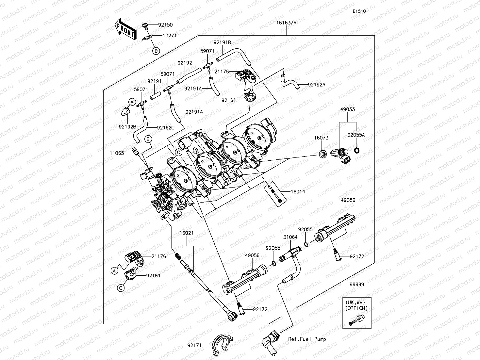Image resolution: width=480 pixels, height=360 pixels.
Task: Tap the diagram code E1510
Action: pos(359,11)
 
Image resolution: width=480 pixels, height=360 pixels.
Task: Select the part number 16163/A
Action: pos(286,23)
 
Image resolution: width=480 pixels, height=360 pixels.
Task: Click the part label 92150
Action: pos(165,25)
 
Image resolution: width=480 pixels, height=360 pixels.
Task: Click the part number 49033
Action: pos(348,110)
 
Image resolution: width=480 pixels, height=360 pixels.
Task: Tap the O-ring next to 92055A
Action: pos(357,151)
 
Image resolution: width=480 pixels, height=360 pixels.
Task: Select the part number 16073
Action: pos(321,138)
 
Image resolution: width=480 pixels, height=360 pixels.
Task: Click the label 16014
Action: pos(298,192)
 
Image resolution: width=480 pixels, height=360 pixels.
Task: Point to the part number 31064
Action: pos(290,237)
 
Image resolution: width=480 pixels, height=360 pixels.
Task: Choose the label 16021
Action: pos(187,233)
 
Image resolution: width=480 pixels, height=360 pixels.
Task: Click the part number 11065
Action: pos(117,153)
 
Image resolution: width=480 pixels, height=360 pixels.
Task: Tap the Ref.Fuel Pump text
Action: pos(307,339)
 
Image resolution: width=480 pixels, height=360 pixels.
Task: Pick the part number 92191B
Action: pos(222,42)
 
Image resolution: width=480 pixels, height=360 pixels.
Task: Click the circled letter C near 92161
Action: pos(121,287)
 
